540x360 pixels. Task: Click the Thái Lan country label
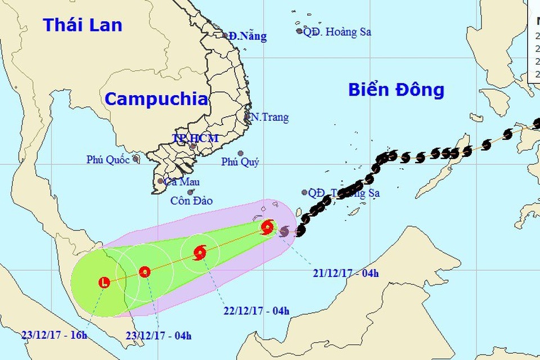pos(83,25)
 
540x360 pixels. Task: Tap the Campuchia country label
pos(156,99)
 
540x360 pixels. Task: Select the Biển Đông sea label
pos(396,89)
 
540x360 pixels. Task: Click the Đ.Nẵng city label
pos(247,37)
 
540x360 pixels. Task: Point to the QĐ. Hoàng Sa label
pos(337,32)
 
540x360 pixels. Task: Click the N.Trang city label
pos(269,118)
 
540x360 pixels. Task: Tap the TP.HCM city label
pos(196,138)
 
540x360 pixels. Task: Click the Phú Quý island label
pos(240,163)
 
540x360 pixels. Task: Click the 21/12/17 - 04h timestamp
pos(346,274)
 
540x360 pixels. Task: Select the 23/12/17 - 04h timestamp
pos(158,336)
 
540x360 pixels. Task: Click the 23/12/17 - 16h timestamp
pos(55,336)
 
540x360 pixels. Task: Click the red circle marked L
pos(104,282)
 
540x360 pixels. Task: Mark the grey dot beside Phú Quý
pos(240,153)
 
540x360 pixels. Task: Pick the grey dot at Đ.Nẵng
pos(226,35)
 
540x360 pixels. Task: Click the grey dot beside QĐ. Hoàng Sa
pos(299,31)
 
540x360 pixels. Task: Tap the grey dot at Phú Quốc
pos(136,159)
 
